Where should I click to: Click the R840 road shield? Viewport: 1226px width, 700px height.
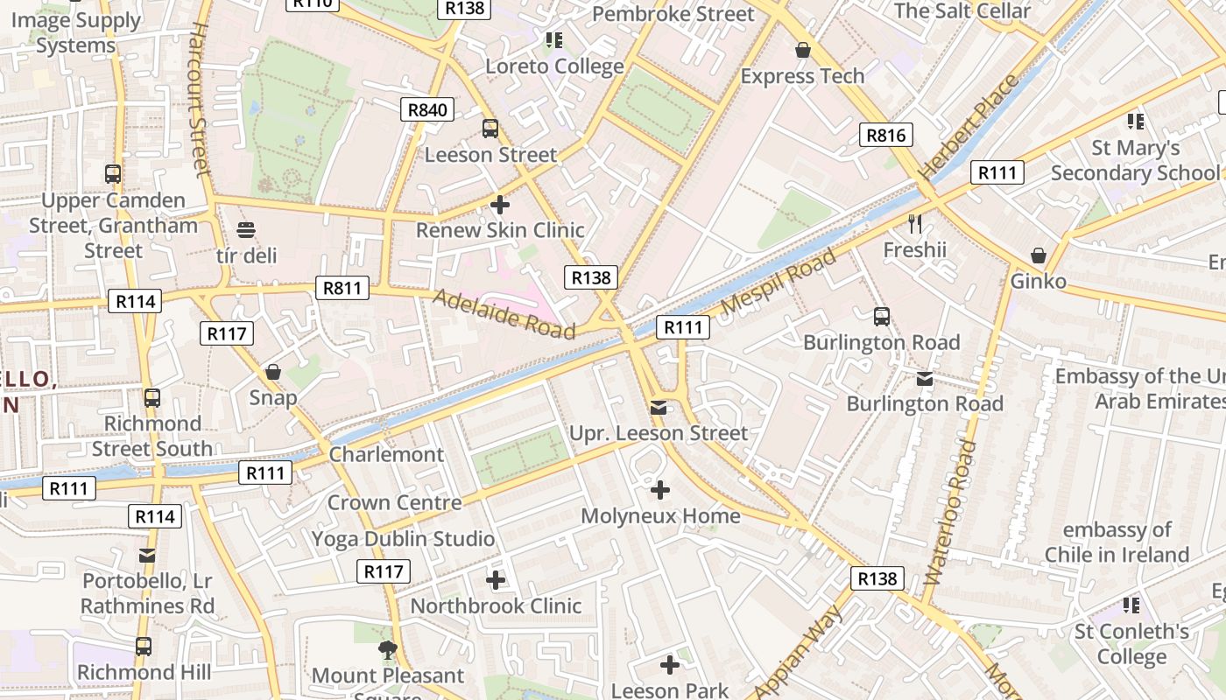click(427, 109)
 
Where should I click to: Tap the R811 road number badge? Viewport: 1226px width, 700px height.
click(342, 288)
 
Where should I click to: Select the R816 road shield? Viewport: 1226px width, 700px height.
click(885, 134)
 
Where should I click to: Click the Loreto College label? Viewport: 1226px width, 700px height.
click(554, 66)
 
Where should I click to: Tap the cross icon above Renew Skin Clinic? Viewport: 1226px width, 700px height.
click(500, 205)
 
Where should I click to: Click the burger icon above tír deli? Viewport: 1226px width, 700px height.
click(246, 230)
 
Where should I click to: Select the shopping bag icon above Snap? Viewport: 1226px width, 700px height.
click(273, 372)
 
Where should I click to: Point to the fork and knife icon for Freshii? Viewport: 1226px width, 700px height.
click(915, 224)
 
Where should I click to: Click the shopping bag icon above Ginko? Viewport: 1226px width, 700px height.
click(1038, 255)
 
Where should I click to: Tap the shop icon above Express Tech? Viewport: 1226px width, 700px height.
click(802, 51)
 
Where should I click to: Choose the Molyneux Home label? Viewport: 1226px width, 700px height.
click(660, 516)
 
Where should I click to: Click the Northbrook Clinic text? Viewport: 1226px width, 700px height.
click(496, 605)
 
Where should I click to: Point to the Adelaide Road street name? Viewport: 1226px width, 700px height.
click(504, 314)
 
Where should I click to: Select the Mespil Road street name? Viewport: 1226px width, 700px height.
click(779, 282)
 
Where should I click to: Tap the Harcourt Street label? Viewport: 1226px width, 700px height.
click(200, 100)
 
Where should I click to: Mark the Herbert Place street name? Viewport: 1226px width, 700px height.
click(969, 126)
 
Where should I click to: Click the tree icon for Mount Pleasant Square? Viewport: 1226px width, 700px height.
click(387, 649)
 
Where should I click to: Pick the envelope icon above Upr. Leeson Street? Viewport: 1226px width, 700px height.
click(659, 408)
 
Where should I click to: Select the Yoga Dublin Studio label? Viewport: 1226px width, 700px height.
click(403, 539)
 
